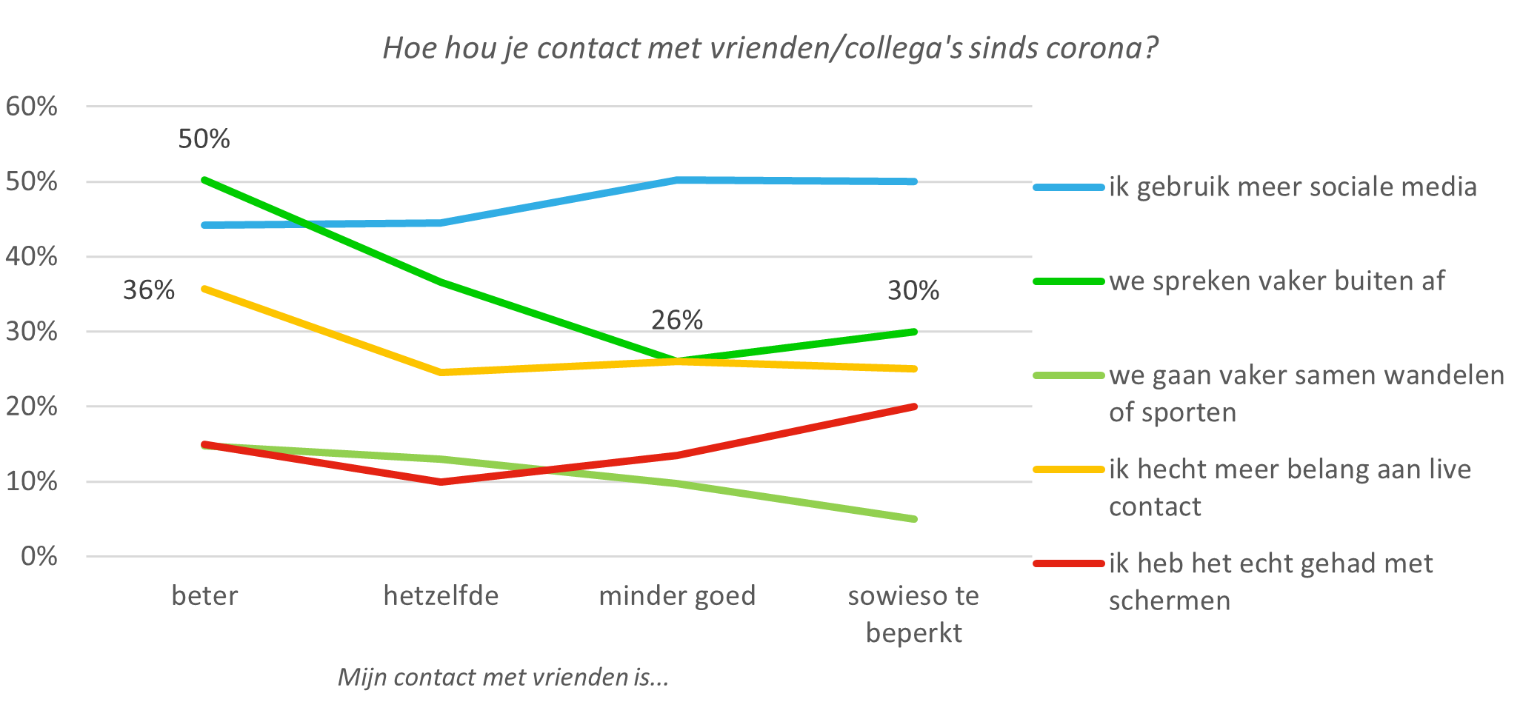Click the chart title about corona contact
pos(770,49)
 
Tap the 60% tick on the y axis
pos(31,107)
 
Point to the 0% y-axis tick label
pos(39,556)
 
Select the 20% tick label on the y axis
pos(31,406)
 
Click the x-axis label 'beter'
pos(204,596)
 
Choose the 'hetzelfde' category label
pos(441,596)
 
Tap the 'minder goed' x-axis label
pos(677,596)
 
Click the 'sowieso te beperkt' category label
pos(913,615)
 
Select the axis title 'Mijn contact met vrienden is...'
pos(503,677)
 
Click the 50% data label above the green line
pos(204,139)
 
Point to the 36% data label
pos(149,290)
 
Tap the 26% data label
pos(677,320)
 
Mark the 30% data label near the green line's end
pos(913,290)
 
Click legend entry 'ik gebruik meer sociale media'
pos(1293,187)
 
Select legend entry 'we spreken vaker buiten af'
pos(1276,281)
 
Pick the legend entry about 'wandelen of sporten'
pos(1306,393)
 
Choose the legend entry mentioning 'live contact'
pos(1290,487)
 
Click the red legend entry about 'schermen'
pos(1270,581)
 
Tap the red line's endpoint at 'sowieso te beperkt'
pos(915,406)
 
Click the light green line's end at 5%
pos(915,519)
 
